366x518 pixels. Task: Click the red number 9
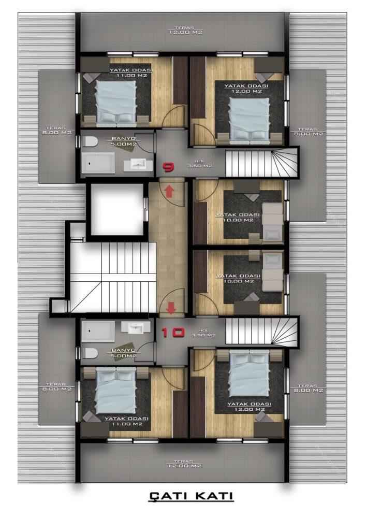point(169,167)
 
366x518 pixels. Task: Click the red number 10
point(172,332)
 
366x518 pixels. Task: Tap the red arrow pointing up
point(169,191)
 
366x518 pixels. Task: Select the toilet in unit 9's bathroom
point(91,142)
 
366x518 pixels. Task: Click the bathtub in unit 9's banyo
point(98,163)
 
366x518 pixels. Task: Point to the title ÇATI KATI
point(191,496)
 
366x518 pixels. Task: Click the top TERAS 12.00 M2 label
point(184,31)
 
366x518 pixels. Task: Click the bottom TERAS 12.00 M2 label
point(183,464)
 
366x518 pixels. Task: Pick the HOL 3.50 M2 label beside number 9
point(200,164)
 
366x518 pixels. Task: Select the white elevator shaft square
point(116,209)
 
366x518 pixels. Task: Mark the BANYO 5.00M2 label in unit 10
point(123,353)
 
